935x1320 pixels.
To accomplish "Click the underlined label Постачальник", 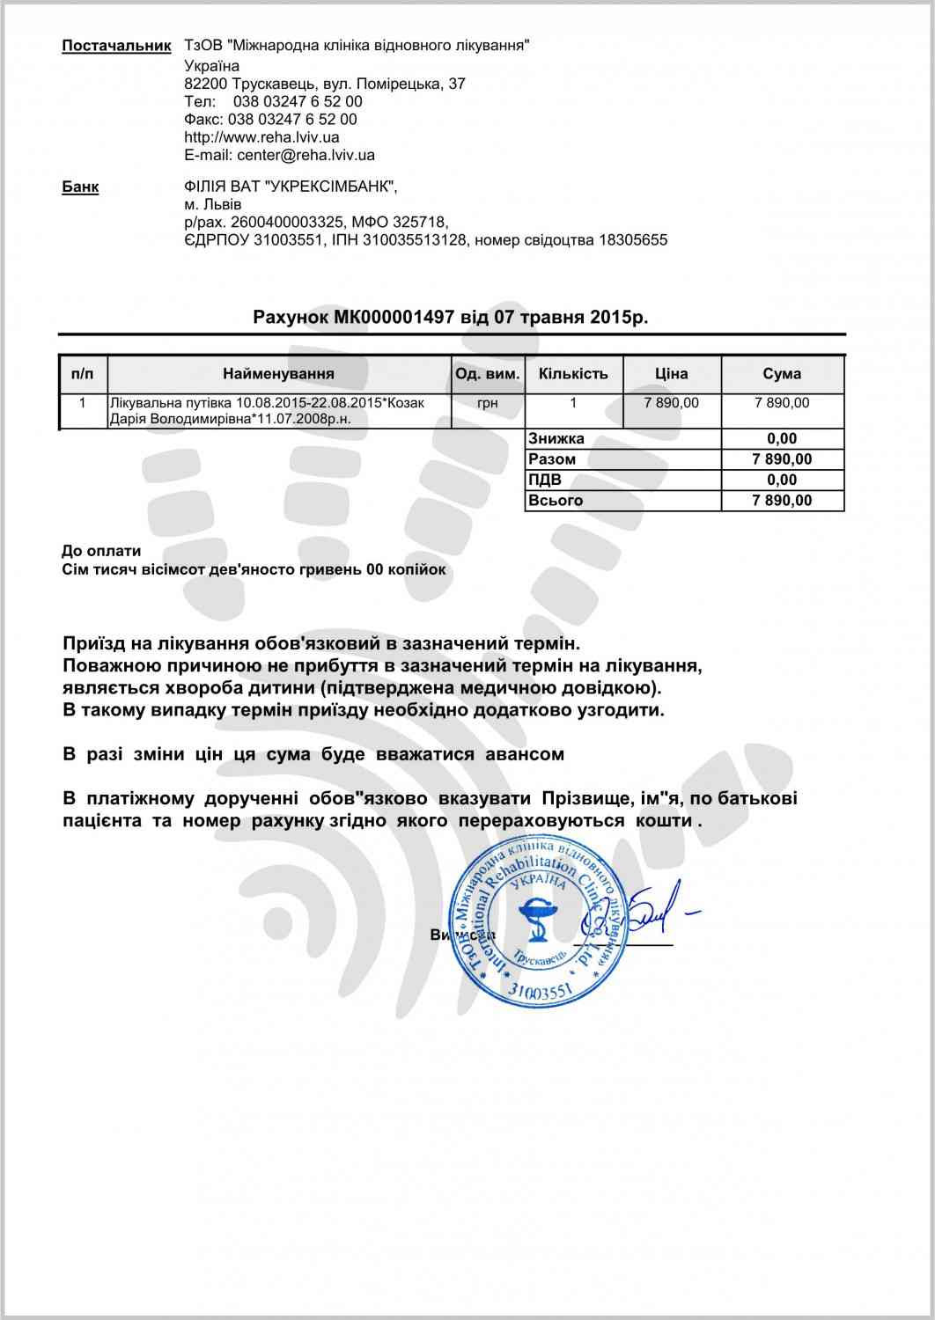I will click(x=115, y=46).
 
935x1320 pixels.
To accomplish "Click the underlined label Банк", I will click(x=80, y=187).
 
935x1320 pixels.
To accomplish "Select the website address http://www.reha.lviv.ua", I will click(x=261, y=137).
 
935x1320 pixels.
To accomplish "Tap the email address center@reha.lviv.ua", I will click(x=306, y=155).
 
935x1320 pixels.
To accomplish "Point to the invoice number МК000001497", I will click(x=394, y=317).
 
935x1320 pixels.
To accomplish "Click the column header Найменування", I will click(x=278, y=374).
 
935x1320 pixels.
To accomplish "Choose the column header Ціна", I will click(x=671, y=374).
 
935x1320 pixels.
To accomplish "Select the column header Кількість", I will click(x=573, y=374).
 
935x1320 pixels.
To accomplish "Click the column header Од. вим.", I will click(x=488, y=374).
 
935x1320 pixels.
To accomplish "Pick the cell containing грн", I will click(x=488, y=403).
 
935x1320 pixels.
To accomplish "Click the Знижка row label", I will click(x=556, y=438).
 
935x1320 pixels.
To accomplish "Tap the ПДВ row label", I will click(x=544, y=480).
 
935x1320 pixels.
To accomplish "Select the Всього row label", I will click(x=555, y=501).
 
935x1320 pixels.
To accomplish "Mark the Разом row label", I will click(x=552, y=459).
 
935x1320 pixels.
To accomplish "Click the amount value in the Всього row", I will click(x=782, y=501).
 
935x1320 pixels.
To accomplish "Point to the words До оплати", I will click(x=101, y=551).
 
